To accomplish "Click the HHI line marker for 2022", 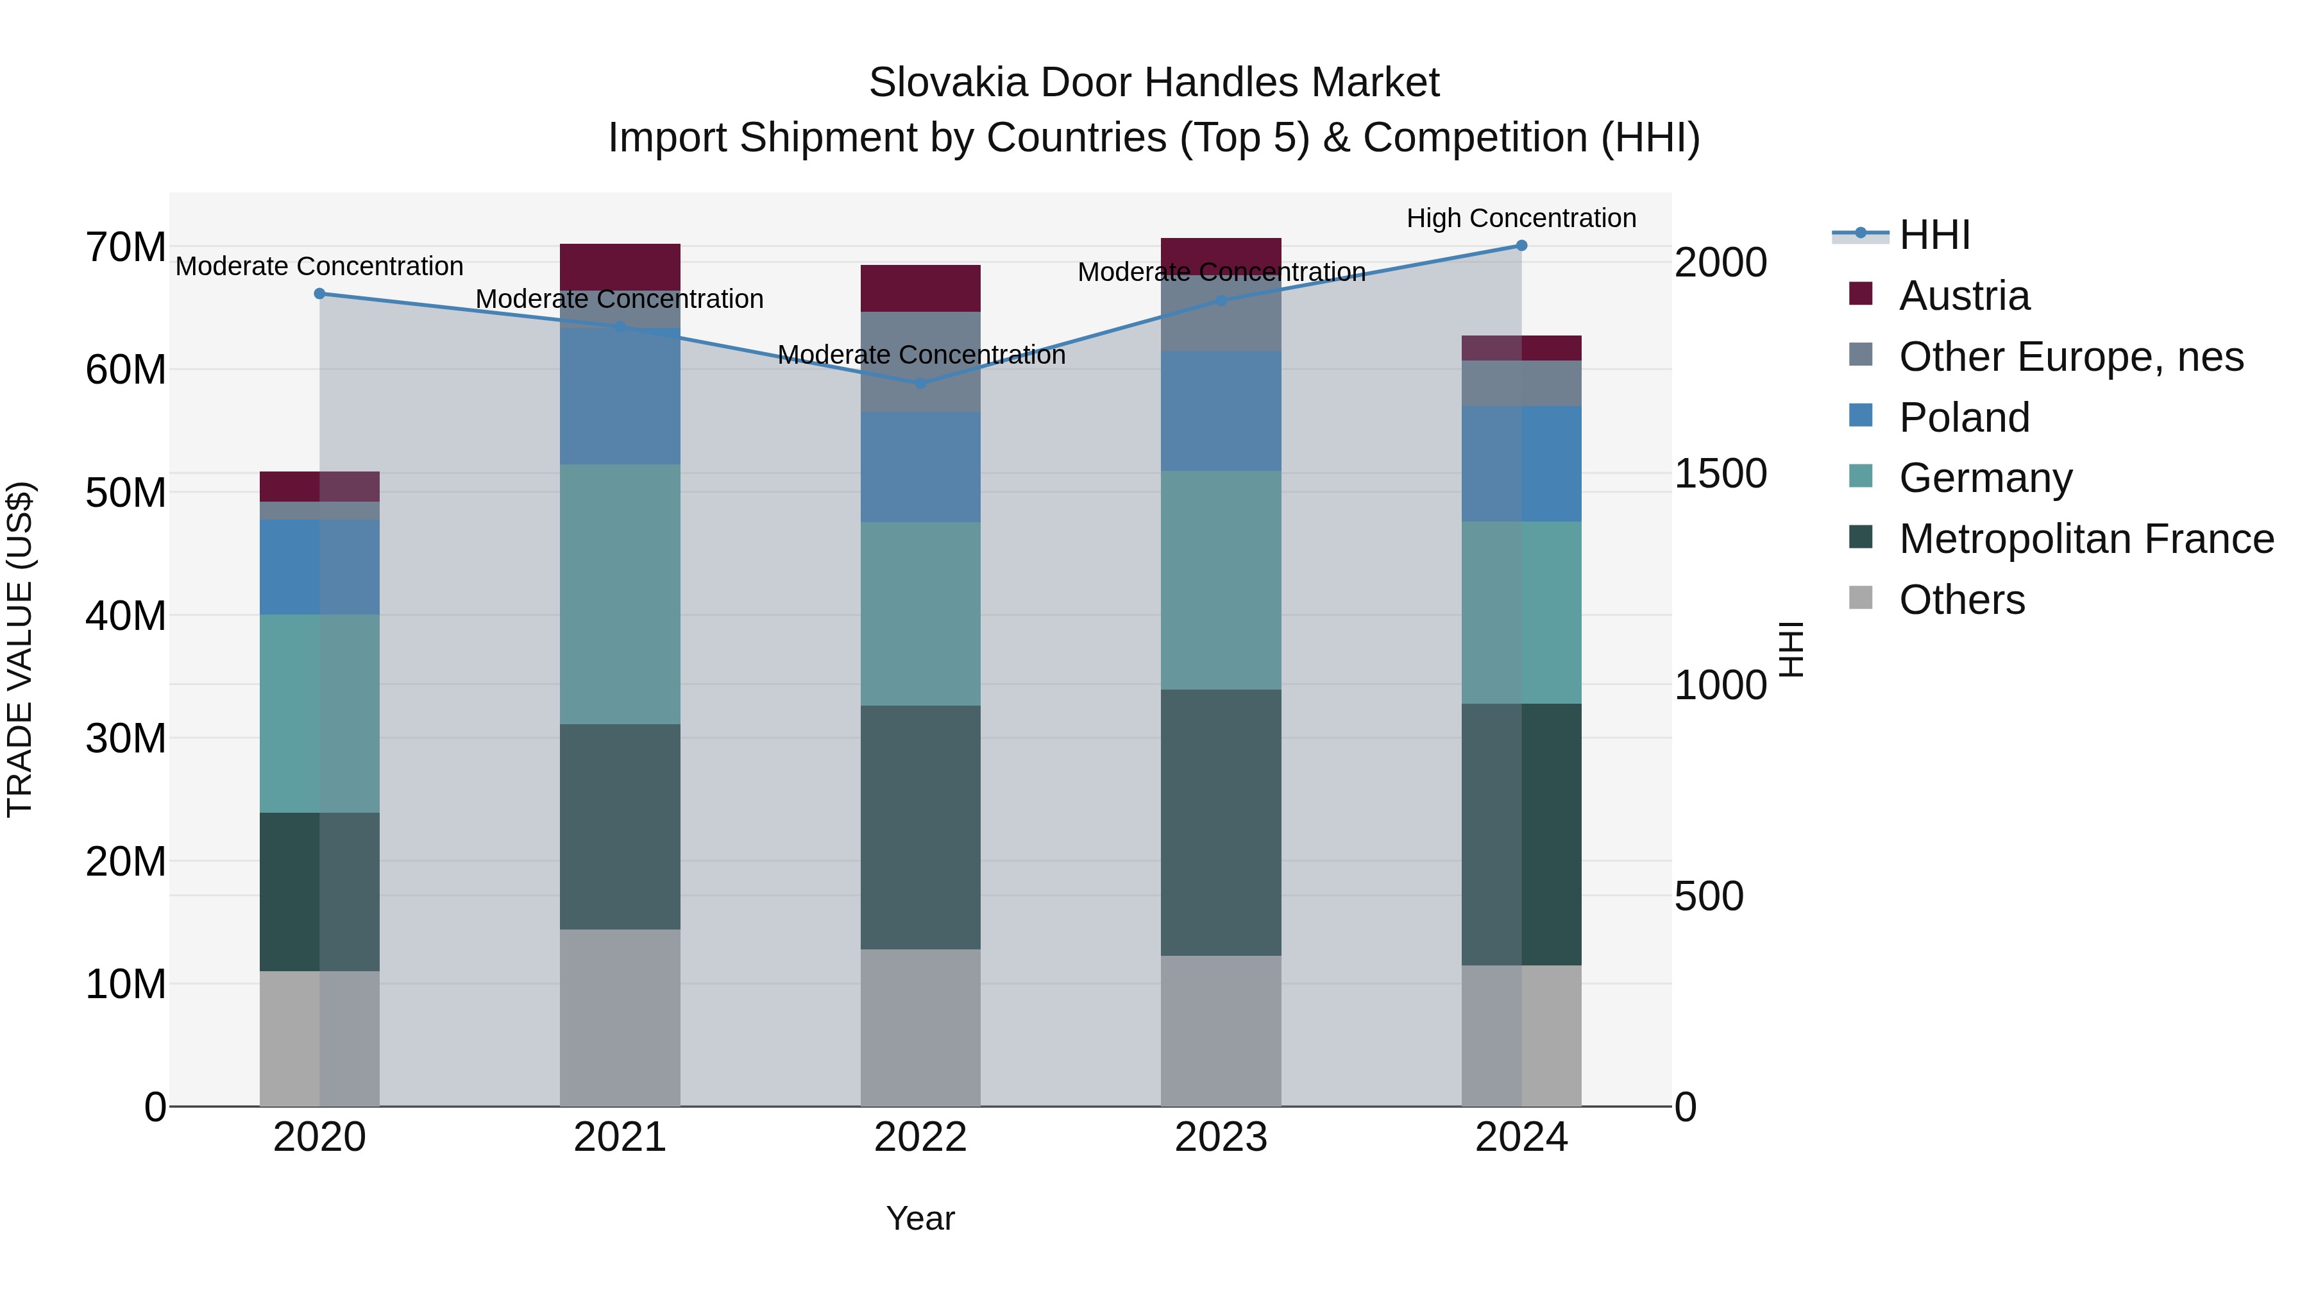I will tap(920, 384).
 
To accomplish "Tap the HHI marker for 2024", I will tap(1521, 246).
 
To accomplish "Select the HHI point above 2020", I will tap(320, 294).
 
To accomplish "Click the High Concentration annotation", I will tap(1521, 219).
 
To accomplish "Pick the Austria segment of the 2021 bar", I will tap(620, 266).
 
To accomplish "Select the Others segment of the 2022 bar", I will tap(920, 1028).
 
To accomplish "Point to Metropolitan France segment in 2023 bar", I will tap(1221, 822).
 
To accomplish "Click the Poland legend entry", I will tap(1964, 418).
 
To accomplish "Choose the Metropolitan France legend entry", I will tap(2086, 539).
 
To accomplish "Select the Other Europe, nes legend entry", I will tap(2070, 357).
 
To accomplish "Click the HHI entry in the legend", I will tap(1934, 235).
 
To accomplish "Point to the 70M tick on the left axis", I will tap(126, 248).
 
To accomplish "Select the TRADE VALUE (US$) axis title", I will tap(20, 649).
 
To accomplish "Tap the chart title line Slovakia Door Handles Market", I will tap(1154, 83).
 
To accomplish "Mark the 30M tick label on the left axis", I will tap(126, 739).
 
